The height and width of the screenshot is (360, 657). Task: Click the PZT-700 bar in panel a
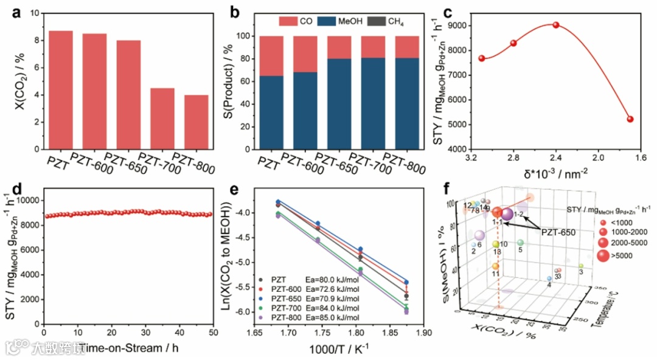pos(162,119)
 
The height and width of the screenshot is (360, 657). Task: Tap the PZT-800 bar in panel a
pos(196,122)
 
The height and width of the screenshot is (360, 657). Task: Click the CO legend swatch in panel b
pos(288,21)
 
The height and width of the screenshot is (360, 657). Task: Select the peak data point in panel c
pos(555,25)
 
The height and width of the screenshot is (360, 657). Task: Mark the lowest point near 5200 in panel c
pos(630,119)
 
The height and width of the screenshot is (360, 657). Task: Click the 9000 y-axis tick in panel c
pos(457,26)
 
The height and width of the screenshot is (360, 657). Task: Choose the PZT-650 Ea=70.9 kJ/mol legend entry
pos(313,298)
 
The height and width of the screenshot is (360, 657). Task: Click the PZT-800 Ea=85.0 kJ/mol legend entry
pos(313,317)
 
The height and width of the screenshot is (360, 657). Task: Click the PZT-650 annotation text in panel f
pos(558,232)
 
